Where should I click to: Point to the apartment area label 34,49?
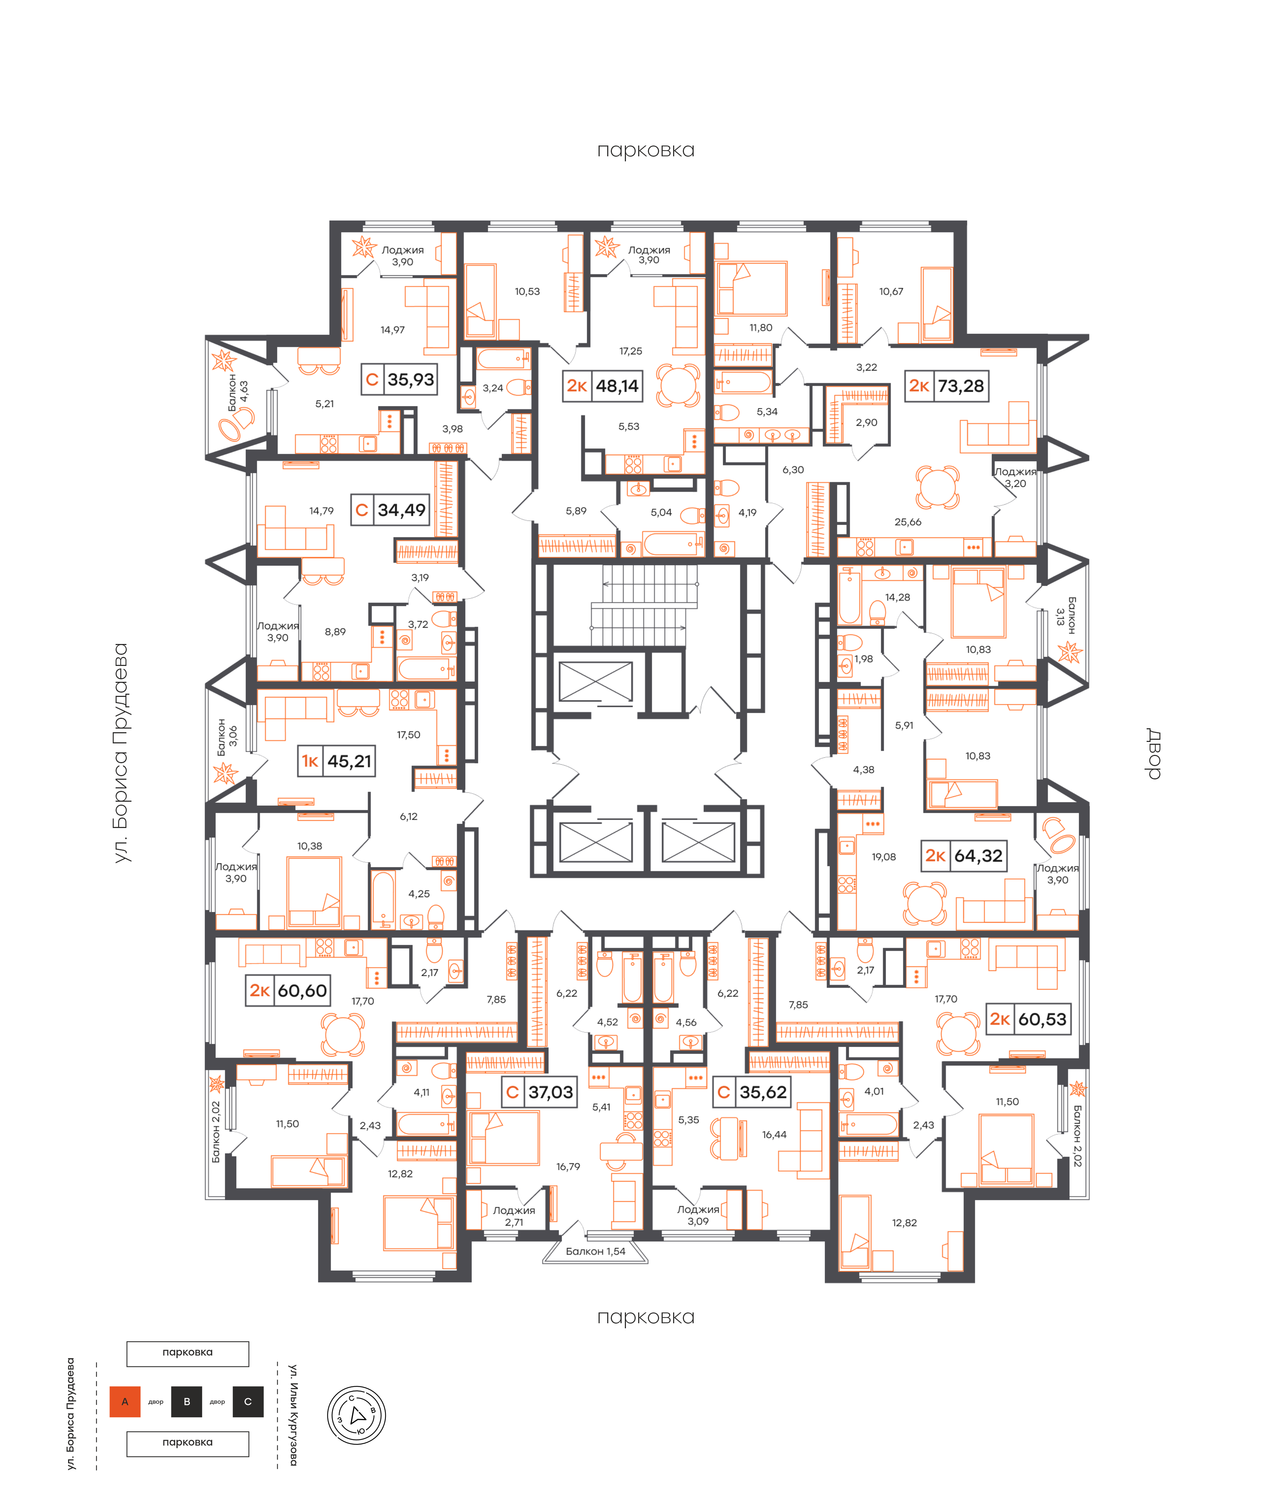(402, 510)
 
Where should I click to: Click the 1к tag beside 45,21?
(310, 761)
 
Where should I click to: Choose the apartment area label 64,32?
(978, 856)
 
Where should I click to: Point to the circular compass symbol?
(357, 1415)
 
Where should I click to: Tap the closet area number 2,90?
(867, 422)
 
